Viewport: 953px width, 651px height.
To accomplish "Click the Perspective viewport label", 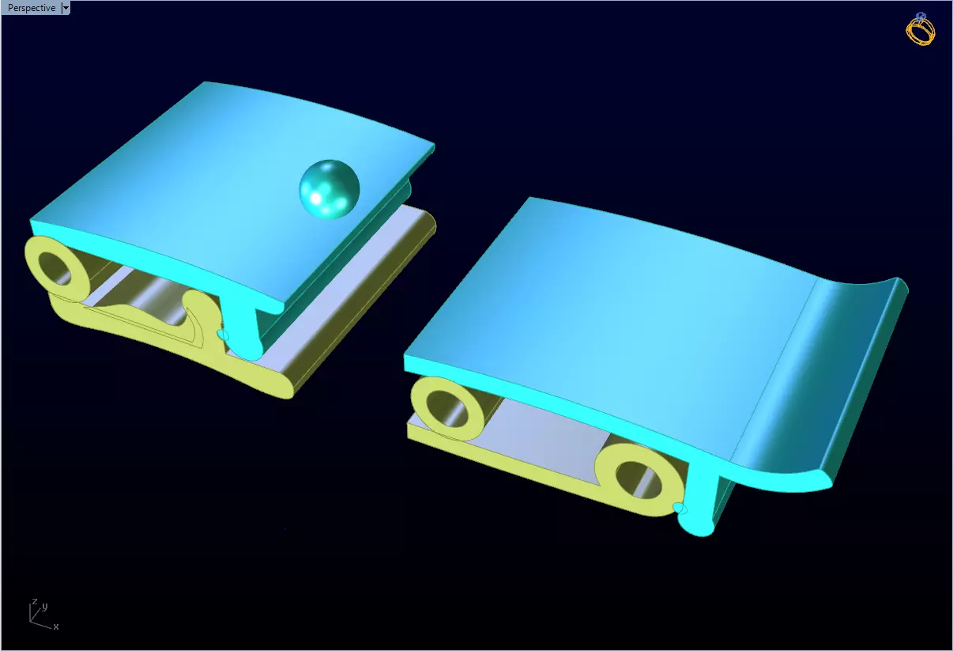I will click(32, 8).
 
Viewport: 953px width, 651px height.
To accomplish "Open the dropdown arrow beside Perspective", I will click(65, 8).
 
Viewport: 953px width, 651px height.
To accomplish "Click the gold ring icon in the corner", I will click(920, 29).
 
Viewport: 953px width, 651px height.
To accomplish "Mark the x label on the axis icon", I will click(56, 626).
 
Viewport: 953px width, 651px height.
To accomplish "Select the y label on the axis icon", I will click(45, 607).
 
